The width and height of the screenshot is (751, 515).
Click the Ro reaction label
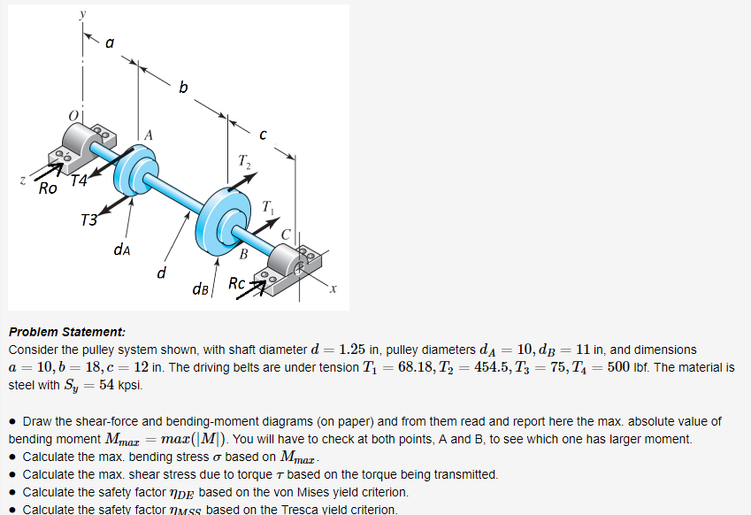[48, 188]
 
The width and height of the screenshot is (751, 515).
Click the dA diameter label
[124, 250]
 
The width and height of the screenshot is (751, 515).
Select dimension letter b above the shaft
[183, 88]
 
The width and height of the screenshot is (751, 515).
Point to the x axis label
[333, 289]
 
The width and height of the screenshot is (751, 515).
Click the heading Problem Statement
[67, 332]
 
